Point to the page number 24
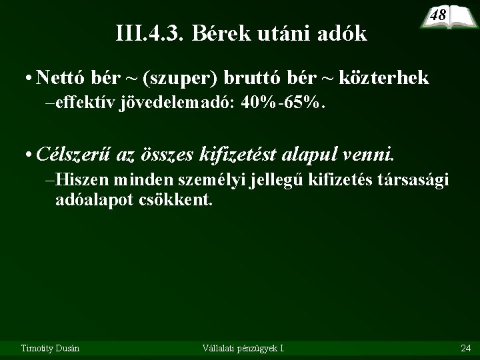[x=465, y=347]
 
